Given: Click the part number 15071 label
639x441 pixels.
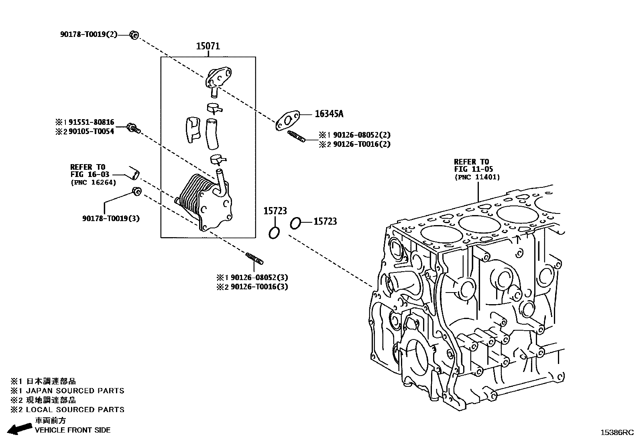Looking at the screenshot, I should pos(208,46).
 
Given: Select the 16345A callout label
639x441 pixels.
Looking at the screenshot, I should pos(329,114).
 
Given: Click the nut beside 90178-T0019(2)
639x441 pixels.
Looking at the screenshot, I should pos(134,35).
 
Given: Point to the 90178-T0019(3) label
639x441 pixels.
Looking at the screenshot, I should pos(111,218).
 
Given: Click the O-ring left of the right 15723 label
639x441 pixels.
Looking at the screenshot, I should pos(295,223).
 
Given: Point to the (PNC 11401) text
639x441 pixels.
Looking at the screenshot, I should pos(477,177).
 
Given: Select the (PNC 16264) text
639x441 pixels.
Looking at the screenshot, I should pos(93,183).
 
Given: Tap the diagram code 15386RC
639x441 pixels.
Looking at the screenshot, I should pos(617,432).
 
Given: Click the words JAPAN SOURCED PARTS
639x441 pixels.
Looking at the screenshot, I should pos(75,391).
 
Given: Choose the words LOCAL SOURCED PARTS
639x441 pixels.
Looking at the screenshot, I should pos(75,410).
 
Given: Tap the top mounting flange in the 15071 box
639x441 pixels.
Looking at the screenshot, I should pos(219,77).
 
